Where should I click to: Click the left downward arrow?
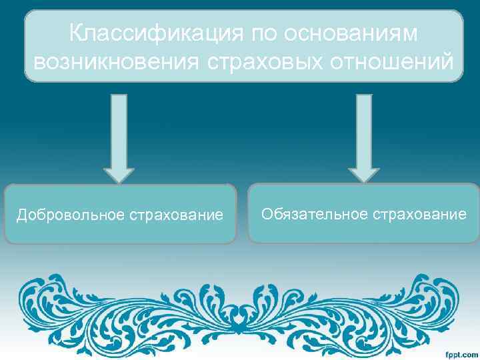pyautogui.click(x=119, y=137)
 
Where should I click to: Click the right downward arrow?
pyautogui.click(x=363, y=137)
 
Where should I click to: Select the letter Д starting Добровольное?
pyautogui.click(x=21, y=215)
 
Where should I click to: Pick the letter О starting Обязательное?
pyautogui.click(x=267, y=214)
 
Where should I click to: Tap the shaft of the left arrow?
pyautogui.click(x=119, y=127)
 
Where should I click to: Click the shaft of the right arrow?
pyautogui.click(x=363, y=127)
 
